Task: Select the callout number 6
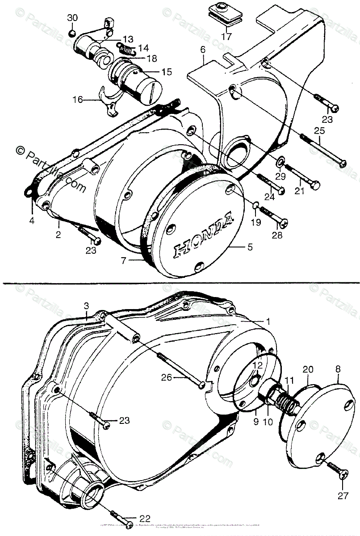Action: tap(203, 50)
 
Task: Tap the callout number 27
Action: tap(343, 494)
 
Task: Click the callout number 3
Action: tap(87, 306)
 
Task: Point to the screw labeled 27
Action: tap(337, 472)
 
